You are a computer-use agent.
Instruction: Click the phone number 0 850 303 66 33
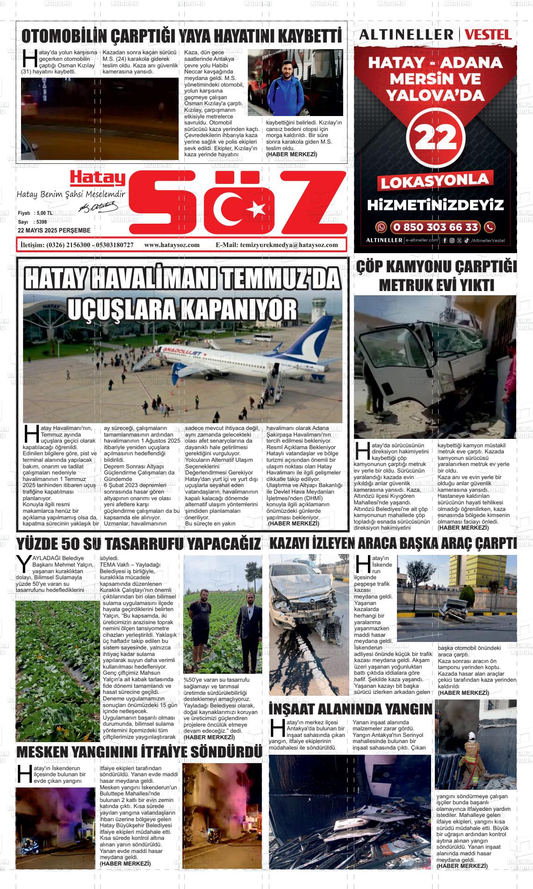[x=435, y=227]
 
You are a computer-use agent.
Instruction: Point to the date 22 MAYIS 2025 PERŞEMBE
[x=54, y=231]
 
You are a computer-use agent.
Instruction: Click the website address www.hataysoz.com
[x=172, y=245]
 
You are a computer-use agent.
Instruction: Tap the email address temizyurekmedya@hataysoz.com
[x=288, y=245]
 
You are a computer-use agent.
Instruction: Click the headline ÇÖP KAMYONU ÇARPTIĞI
[x=436, y=267]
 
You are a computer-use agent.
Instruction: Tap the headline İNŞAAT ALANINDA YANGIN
[x=351, y=709]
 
